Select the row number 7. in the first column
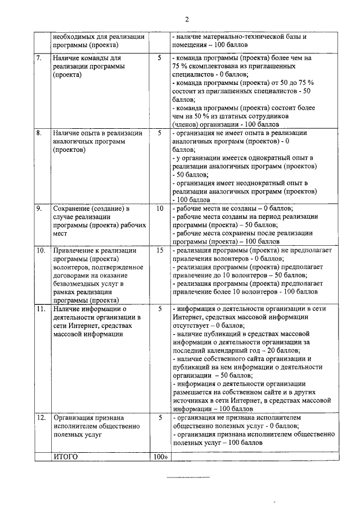[39, 58]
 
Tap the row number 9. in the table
[39, 209]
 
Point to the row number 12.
[40, 418]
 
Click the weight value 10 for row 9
[160, 209]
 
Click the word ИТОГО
[65, 457]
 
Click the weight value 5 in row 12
[160, 418]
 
